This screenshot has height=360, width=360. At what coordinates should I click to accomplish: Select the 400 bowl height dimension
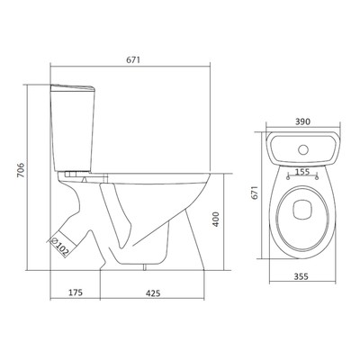(216, 220)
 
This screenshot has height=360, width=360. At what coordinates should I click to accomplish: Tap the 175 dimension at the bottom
(76, 292)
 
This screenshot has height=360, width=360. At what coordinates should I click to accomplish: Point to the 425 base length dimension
(153, 292)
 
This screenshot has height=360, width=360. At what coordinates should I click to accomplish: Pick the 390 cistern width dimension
(302, 121)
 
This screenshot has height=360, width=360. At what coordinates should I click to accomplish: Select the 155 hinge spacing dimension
(302, 172)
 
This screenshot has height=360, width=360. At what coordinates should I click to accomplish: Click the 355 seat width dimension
(301, 276)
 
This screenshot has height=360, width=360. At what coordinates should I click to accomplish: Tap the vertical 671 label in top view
(255, 193)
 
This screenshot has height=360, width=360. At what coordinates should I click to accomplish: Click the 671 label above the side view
(133, 60)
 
